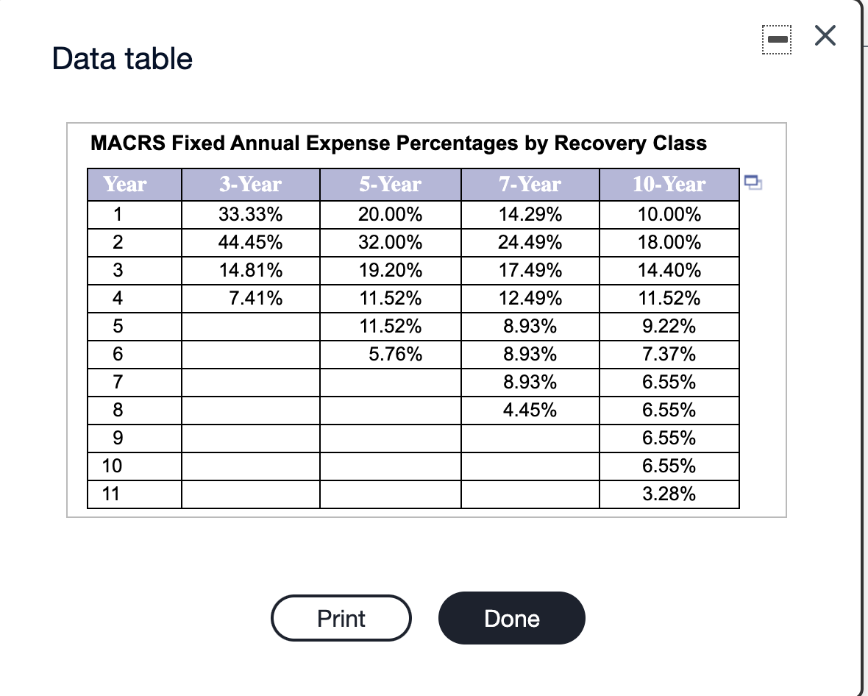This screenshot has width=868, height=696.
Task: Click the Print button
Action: point(341,618)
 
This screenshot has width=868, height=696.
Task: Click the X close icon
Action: point(825,36)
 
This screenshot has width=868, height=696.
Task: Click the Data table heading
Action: point(123,58)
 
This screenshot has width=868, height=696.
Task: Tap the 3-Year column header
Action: point(250,184)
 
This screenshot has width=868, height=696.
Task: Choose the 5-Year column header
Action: point(390,184)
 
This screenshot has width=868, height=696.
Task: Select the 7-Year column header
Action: point(530,184)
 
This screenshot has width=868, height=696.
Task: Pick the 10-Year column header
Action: point(669,184)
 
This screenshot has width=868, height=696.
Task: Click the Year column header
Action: point(125,184)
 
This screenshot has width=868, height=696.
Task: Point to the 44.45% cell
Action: point(251,243)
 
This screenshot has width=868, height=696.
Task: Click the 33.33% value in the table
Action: point(251,216)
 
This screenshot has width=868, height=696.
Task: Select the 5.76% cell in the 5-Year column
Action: point(396,355)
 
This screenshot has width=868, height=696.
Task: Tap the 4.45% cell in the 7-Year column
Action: point(530,411)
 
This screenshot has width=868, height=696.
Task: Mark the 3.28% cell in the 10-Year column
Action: point(669,494)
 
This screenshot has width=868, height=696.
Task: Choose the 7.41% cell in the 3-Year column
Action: point(257,299)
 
